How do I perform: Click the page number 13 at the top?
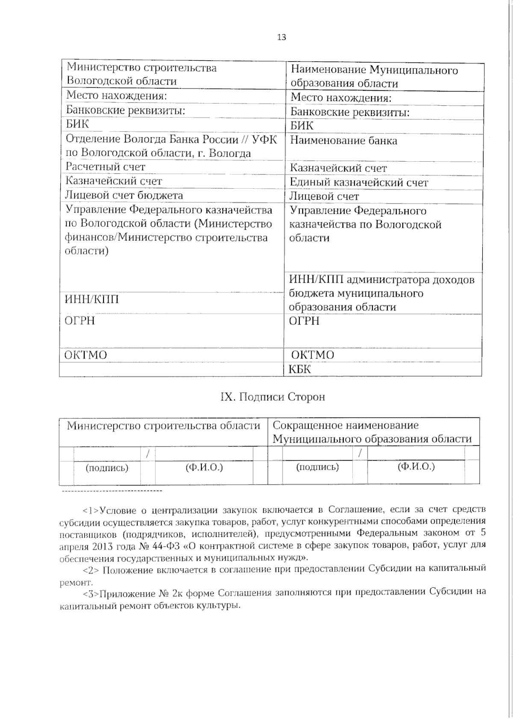point(281,37)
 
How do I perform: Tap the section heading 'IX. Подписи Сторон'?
point(272,397)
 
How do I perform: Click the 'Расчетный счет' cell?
point(105,167)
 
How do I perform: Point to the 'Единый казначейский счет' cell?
point(359,183)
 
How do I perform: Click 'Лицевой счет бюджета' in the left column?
point(124,195)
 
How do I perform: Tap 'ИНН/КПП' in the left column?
point(91,299)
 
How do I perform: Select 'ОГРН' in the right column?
point(304,321)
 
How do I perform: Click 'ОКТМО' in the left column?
point(85,355)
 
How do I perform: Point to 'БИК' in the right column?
point(302,126)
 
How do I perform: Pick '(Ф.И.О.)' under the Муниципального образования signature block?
point(416,467)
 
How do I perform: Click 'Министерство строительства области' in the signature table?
point(163,426)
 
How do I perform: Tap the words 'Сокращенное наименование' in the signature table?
point(345,426)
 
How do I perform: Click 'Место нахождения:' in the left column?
point(116,96)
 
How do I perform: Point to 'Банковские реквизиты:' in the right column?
point(350,112)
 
